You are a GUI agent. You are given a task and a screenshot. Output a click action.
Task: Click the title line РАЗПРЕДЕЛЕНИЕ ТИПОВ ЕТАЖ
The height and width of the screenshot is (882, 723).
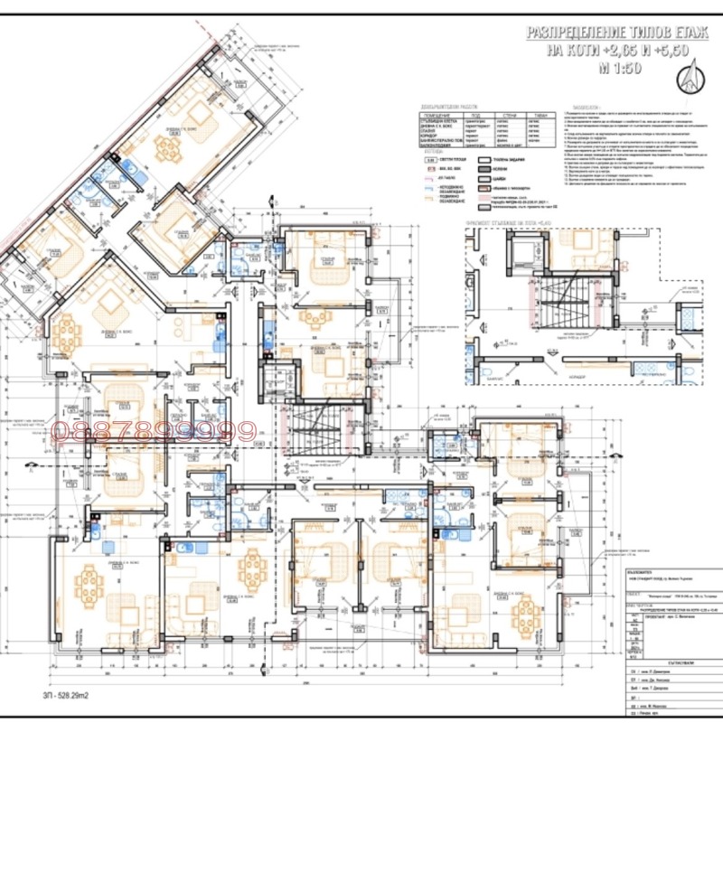[x=617, y=33]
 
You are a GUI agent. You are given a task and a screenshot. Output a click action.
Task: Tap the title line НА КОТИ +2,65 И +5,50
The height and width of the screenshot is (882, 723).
[x=617, y=51]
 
